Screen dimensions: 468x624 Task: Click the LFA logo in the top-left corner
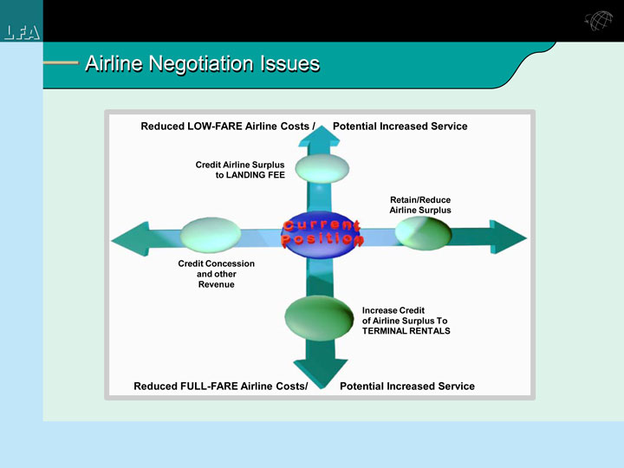[21, 33]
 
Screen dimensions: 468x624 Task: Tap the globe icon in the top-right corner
[597, 23]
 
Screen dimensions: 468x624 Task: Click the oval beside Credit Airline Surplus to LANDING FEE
[322, 167]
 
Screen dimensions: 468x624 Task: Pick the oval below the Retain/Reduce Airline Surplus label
[423, 232]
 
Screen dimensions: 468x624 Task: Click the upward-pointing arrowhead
[322, 136]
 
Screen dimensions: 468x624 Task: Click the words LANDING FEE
[250, 175]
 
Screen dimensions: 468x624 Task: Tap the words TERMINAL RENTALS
[406, 331]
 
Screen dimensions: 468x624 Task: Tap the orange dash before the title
[61, 63]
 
